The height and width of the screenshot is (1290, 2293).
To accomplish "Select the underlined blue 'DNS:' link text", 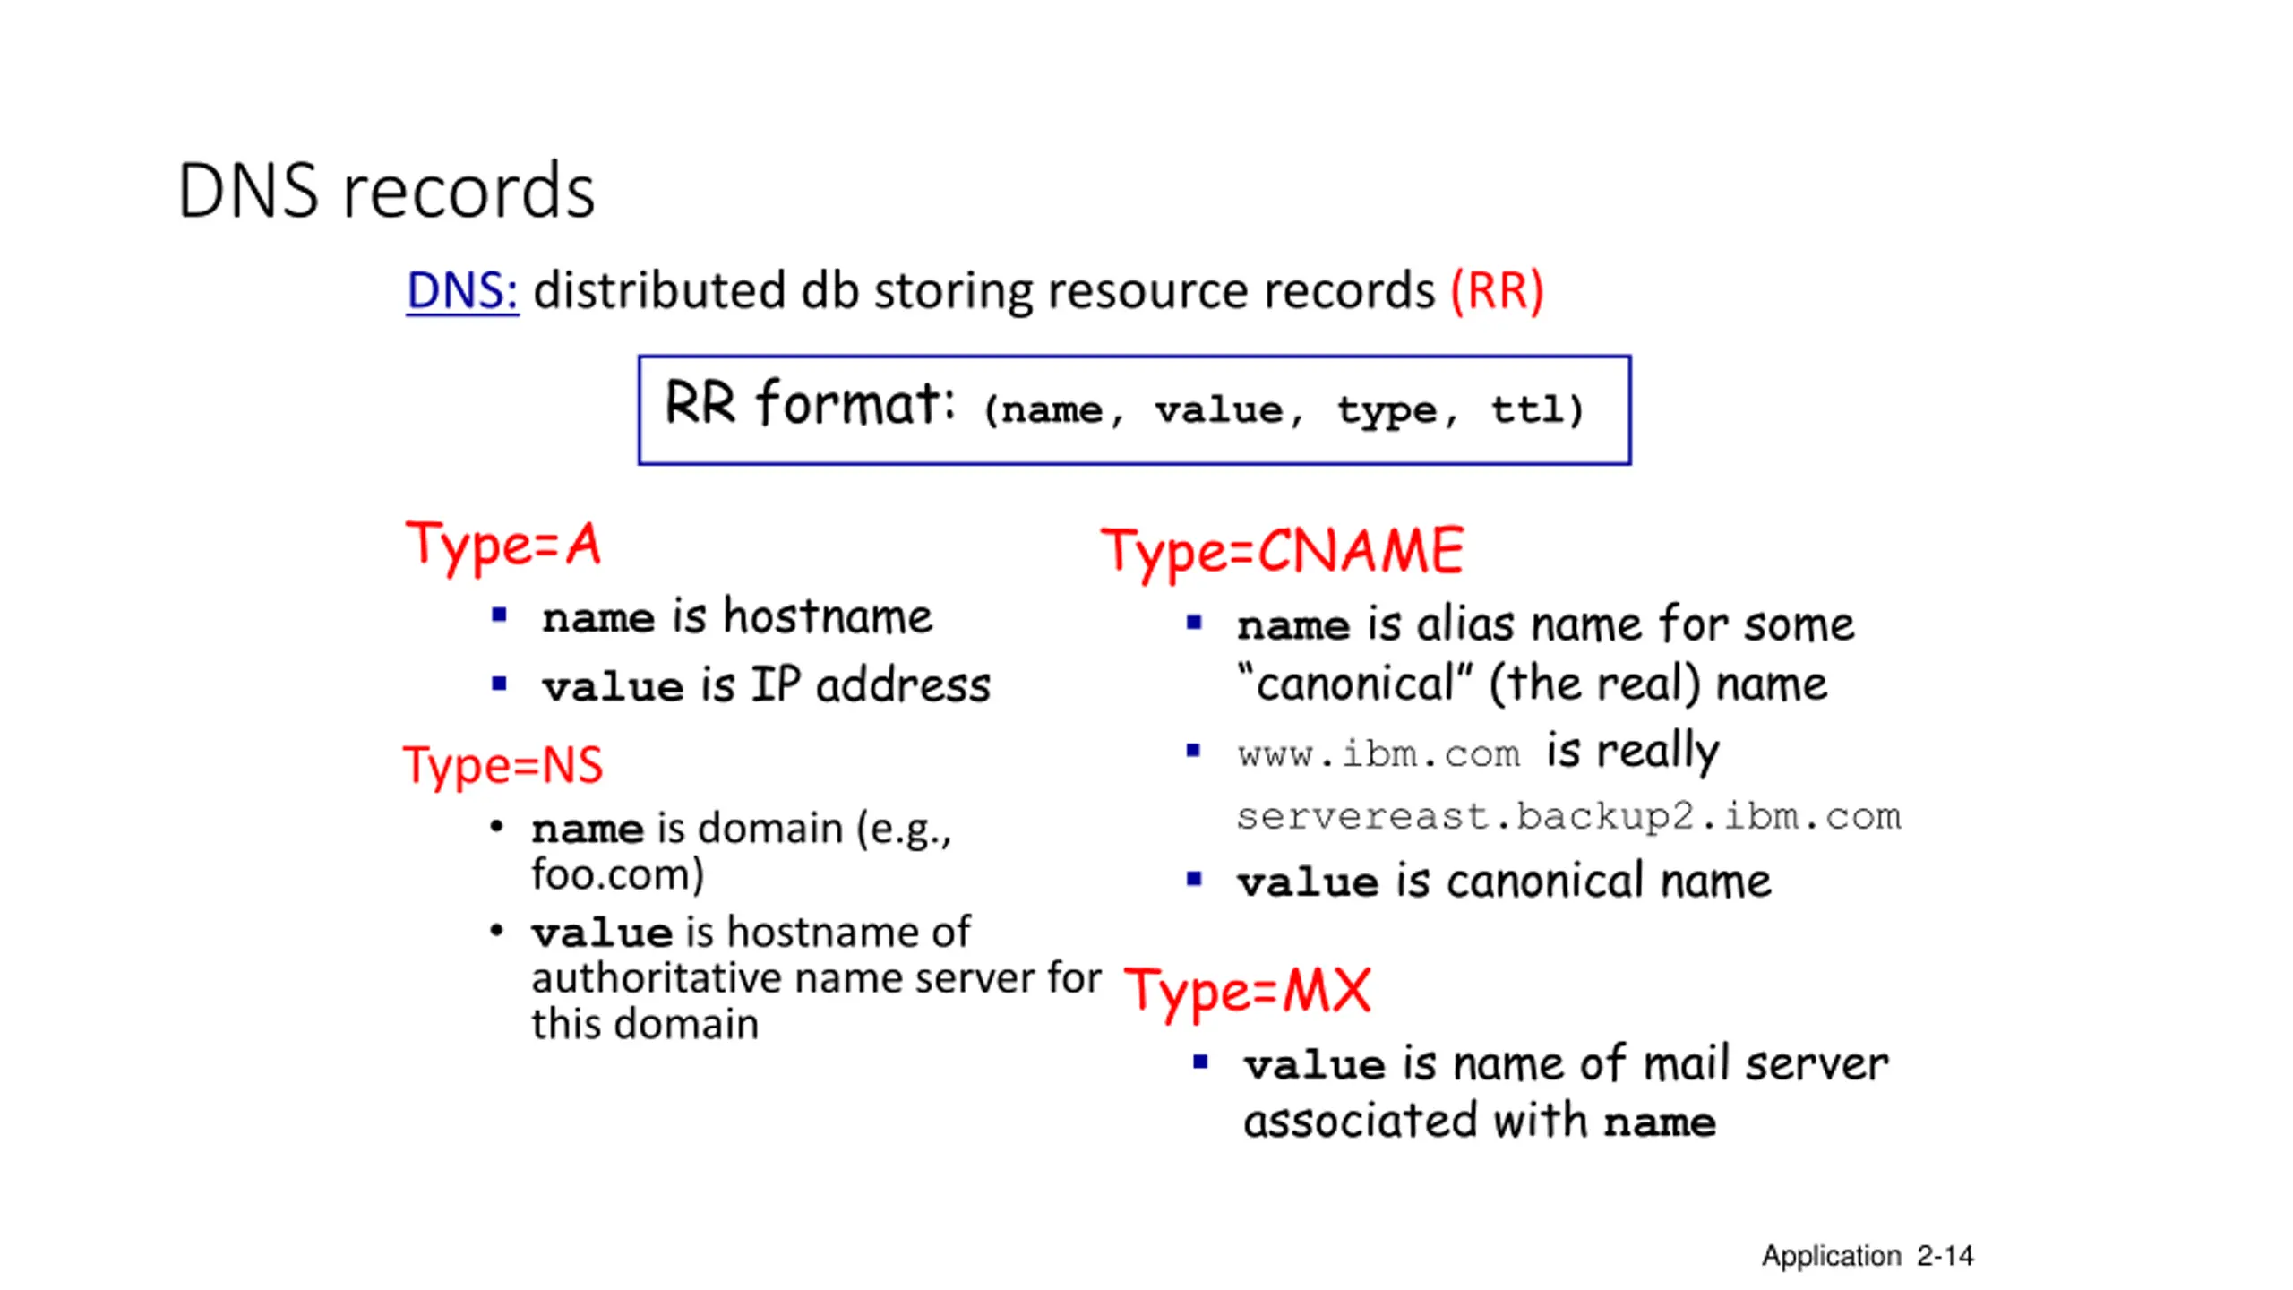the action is [461, 290].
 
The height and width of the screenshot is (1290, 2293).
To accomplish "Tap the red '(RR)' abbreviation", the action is [1497, 290].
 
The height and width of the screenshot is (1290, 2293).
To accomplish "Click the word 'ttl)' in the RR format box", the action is [1537, 409].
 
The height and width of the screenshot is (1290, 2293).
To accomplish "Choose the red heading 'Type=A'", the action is [502, 545].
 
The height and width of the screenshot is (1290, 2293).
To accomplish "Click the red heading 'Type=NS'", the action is [502, 765].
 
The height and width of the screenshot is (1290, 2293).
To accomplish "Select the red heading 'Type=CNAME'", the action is [1283, 550].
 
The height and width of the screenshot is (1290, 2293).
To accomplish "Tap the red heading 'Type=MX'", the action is [1247, 991].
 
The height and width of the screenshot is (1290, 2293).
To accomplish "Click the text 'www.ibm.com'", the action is [1378, 753].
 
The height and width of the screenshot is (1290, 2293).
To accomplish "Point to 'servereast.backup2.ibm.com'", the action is [1567, 816].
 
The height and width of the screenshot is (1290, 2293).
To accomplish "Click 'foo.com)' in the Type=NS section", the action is [617, 874].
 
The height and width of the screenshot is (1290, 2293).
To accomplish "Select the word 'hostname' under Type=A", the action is [828, 616].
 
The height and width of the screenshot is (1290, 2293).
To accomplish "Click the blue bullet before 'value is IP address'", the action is [500, 685].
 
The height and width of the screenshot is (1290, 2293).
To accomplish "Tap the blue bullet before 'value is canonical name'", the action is [1194, 879].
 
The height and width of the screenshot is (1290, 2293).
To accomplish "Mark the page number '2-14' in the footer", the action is [1945, 1256].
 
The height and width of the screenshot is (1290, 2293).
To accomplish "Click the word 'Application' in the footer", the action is [1831, 1256].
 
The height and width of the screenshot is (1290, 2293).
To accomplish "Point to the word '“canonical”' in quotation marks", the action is [1353, 684].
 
